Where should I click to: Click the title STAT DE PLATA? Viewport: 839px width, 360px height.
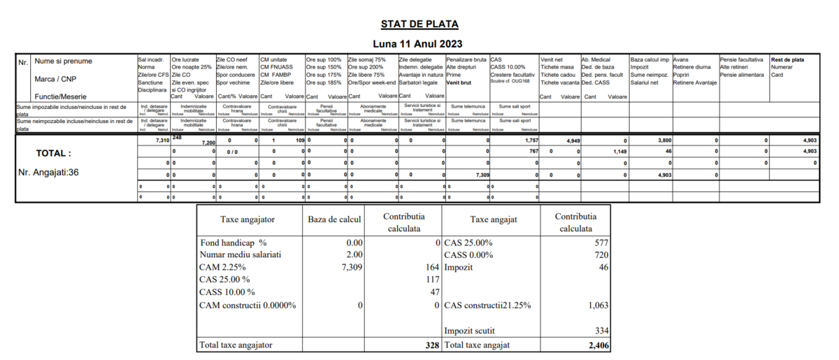click(x=419, y=24)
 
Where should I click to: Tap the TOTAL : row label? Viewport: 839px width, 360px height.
click(x=54, y=153)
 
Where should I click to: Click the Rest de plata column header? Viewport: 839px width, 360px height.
click(x=787, y=60)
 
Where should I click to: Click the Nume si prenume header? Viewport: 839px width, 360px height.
click(x=64, y=62)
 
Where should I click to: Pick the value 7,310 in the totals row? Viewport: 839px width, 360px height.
click(x=161, y=141)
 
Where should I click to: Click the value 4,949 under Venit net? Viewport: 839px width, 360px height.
click(x=573, y=141)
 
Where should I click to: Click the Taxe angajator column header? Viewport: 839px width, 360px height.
click(x=248, y=219)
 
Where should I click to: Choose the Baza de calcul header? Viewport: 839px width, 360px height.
click(x=334, y=219)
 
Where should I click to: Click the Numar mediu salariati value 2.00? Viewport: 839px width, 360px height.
click(x=354, y=255)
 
